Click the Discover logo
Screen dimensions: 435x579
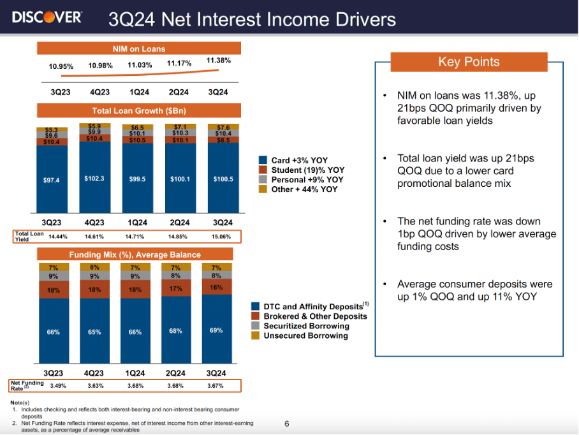pos(47,17)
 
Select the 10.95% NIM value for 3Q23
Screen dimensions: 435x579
pos(61,66)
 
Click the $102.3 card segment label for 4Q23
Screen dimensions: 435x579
pos(94,179)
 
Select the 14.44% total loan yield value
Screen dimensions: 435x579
pos(59,236)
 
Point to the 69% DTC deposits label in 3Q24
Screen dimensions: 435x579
pos(216,330)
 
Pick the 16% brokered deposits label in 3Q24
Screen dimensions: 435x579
pos(217,288)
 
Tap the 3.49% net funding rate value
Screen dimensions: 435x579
pos(59,385)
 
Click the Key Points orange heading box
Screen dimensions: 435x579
pos(469,62)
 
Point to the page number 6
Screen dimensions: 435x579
pos(287,423)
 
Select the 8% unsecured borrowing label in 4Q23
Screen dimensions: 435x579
pos(94,268)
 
